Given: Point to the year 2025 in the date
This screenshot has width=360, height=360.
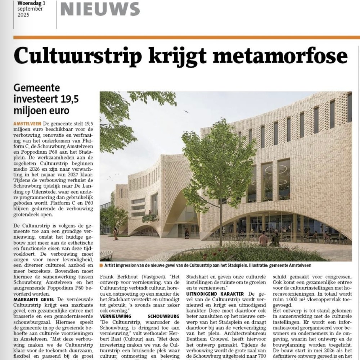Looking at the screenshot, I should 24,15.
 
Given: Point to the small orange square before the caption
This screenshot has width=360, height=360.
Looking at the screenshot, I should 102,265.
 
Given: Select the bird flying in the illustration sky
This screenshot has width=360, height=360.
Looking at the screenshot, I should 186,112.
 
